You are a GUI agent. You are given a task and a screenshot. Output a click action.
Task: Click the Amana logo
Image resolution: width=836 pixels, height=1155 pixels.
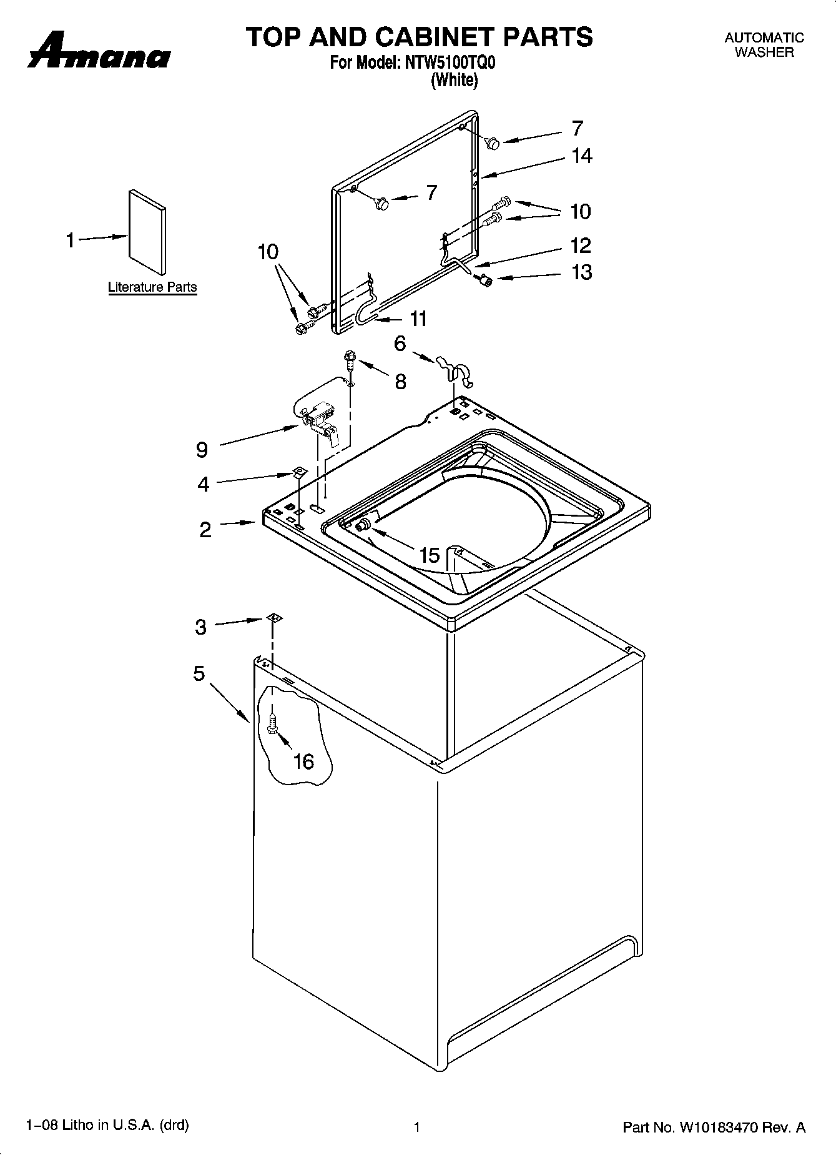[99, 54]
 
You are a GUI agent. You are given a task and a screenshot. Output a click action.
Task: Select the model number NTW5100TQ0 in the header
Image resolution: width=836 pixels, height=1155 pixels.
[455, 63]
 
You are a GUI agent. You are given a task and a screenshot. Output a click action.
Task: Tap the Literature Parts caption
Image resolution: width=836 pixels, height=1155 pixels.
[152, 287]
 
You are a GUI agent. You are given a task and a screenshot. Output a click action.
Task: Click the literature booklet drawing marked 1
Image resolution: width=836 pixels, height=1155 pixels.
[147, 232]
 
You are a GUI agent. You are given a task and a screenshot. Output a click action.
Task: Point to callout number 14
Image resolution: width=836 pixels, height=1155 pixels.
[582, 156]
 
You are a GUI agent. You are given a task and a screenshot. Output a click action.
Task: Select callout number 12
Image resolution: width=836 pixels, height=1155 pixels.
[581, 245]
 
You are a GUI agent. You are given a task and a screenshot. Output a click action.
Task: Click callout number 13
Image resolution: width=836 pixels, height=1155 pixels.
[582, 272]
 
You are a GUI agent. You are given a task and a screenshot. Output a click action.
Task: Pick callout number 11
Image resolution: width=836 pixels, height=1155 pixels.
[418, 319]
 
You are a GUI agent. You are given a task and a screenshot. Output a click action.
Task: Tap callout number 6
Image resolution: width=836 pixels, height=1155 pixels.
[400, 343]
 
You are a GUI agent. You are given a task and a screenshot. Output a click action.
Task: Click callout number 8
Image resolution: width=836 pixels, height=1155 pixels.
[400, 381]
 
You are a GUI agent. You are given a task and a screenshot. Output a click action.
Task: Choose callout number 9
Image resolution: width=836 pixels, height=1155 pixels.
[202, 449]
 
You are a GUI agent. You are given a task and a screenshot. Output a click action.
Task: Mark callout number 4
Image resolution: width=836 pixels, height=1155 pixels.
[203, 483]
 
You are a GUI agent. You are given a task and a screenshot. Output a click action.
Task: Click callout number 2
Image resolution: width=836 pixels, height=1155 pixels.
[205, 530]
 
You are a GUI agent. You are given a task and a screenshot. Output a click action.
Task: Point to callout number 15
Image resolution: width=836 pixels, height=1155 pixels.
[430, 555]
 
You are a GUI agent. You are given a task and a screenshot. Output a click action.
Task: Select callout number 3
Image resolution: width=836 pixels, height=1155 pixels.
[200, 627]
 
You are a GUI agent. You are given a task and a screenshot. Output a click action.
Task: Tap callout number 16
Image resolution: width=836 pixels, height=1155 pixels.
[303, 761]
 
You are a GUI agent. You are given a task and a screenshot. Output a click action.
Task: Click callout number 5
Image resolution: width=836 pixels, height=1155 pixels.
[199, 673]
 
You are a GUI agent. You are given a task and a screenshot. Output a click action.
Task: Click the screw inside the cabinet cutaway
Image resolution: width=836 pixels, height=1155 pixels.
[272, 724]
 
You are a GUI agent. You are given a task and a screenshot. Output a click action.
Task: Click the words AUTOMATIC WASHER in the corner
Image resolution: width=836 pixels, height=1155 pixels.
[764, 45]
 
